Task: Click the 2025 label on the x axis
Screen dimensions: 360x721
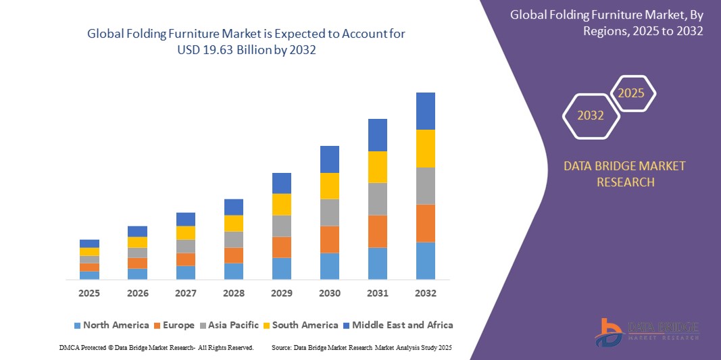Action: coord(89,293)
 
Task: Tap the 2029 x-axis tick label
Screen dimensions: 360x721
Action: coord(281,293)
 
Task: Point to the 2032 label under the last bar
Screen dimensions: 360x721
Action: coord(425,293)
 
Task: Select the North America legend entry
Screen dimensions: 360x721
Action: coord(111,325)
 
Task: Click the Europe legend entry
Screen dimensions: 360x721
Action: coord(174,325)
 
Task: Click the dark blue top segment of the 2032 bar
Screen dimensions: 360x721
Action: coord(425,111)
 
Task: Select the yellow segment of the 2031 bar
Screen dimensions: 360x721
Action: coord(377,167)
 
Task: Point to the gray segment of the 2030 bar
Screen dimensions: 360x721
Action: coord(329,212)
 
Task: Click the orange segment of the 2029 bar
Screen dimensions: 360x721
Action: coord(281,247)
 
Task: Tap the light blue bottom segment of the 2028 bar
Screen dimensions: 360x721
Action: coord(233,271)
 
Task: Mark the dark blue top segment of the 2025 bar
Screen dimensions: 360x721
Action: coord(89,243)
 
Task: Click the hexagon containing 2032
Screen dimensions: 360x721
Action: coord(591,115)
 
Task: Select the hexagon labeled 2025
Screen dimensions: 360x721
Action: coord(632,93)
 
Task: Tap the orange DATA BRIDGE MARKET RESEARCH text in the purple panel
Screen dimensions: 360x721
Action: coord(624,174)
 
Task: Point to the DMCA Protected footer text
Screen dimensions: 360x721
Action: coord(155,347)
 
